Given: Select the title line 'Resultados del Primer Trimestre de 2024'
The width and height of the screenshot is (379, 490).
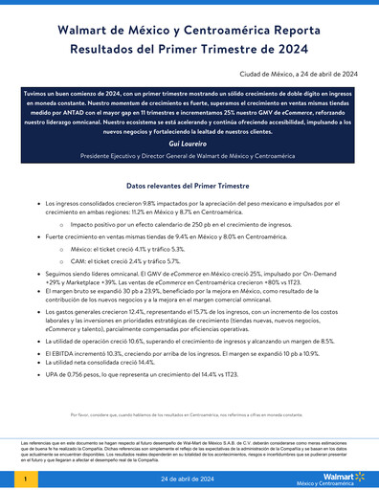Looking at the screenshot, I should (189, 54).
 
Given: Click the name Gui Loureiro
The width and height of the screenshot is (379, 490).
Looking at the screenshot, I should (189, 142).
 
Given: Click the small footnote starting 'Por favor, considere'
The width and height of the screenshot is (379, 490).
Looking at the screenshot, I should (189, 414).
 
